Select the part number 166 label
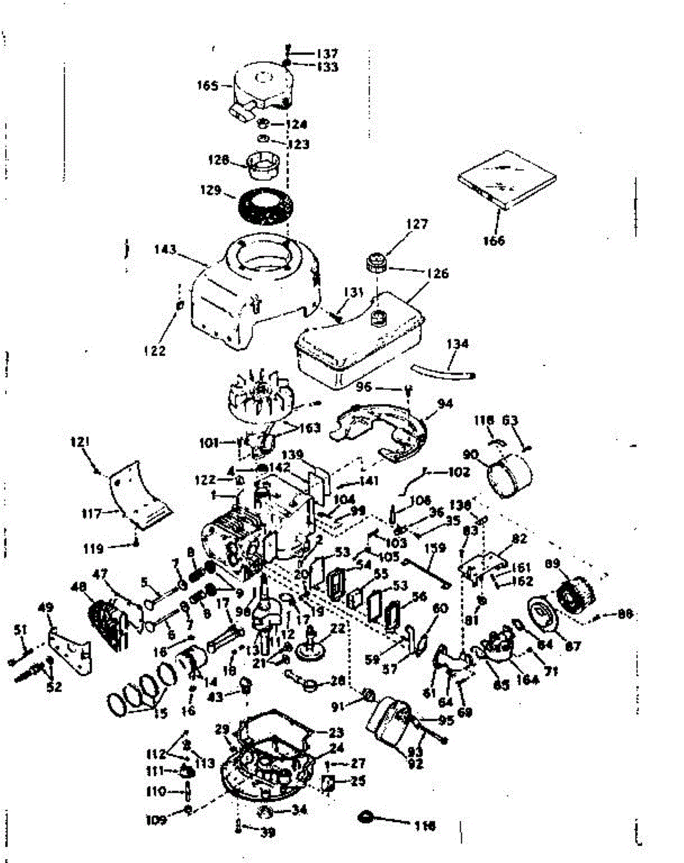click(x=494, y=240)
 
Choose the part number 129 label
click(x=210, y=191)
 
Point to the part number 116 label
click(x=425, y=826)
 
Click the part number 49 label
click(x=45, y=608)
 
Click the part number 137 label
click(x=328, y=53)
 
